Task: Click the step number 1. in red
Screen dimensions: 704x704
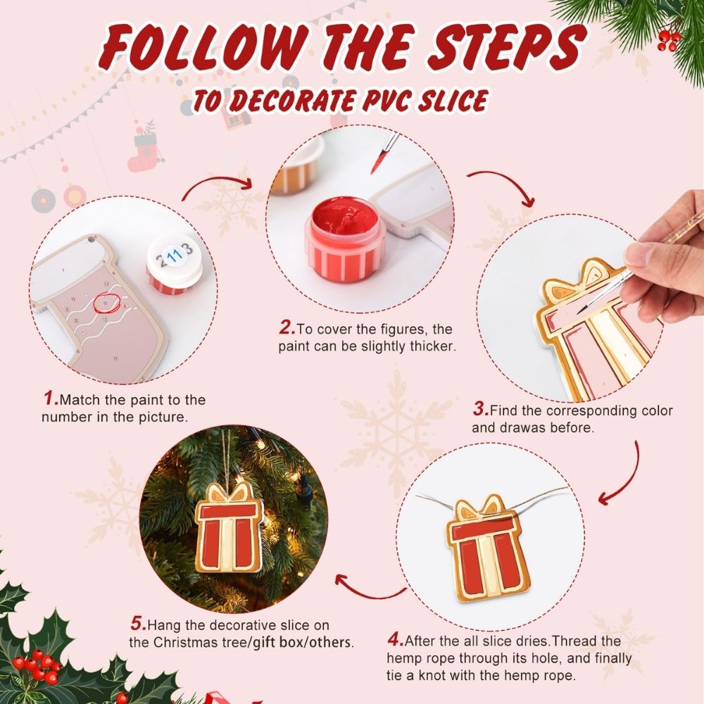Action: pos(51,399)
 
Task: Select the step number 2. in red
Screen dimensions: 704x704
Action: pos(286,328)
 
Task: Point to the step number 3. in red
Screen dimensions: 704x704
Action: pos(480,410)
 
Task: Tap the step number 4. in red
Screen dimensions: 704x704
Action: pos(395,641)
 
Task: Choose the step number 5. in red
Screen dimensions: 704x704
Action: pos(138,624)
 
